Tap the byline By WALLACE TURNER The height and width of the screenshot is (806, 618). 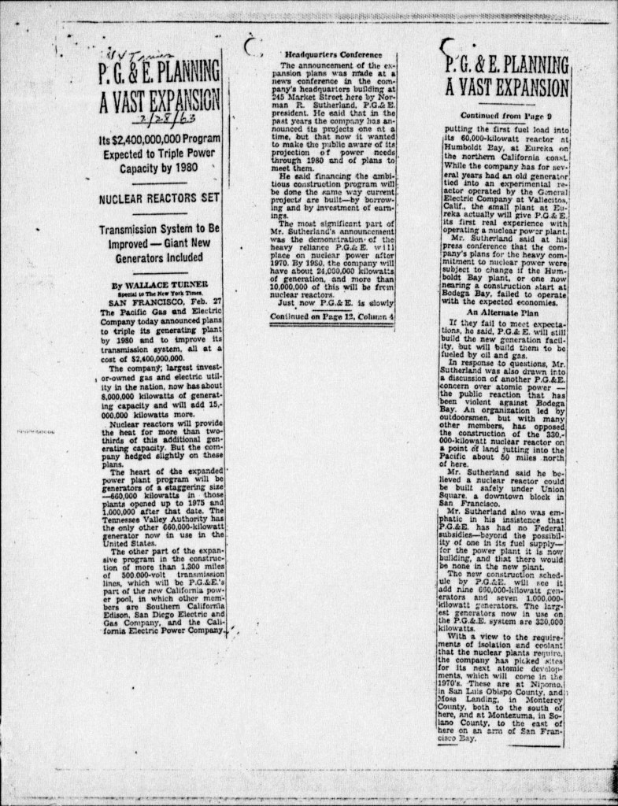[150, 286]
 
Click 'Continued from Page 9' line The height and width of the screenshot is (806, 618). [504, 115]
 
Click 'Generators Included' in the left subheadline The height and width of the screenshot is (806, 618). [160, 257]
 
